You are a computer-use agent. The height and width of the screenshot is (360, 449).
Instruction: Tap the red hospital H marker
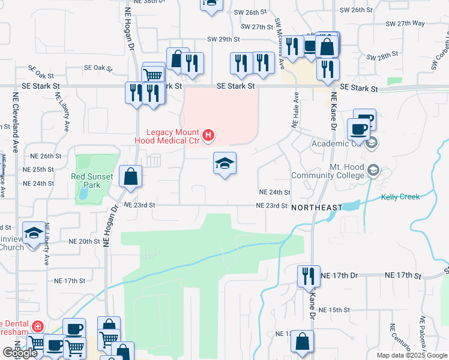[208, 136]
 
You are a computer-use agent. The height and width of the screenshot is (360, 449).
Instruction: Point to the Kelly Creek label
[400, 196]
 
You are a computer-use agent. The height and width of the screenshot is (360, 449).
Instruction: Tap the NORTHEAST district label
[317, 207]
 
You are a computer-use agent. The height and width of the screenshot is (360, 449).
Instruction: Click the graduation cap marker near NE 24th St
[224, 164]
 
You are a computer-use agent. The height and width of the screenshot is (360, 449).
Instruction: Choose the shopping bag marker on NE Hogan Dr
[130, 177]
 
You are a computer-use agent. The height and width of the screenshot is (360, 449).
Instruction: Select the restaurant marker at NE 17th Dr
[309, 277]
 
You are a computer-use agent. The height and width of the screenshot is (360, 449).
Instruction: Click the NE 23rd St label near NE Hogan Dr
[139, 205]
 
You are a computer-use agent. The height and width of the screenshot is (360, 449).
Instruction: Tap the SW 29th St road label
[223, 39]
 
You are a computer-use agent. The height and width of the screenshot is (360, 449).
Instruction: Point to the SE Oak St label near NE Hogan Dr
[98, 68]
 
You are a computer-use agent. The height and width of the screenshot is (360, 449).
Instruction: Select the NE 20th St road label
[83, 241]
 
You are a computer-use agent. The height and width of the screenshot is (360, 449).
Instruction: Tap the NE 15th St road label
[334, 310]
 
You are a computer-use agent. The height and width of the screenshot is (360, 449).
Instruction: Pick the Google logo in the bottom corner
[19, 353]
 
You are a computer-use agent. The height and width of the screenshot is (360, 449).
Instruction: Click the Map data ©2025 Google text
[412, 355]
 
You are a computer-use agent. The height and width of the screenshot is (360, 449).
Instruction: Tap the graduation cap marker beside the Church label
[34, 233]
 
